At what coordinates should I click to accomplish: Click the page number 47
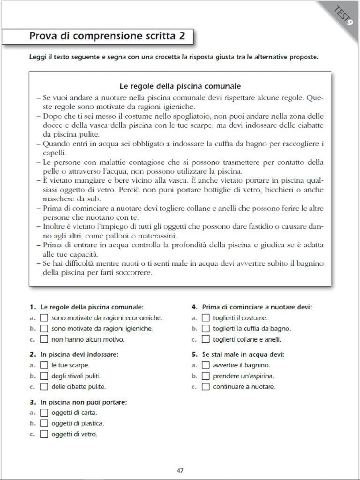(x=180, y=470)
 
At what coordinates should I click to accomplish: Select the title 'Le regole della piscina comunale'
(x=180, y=86)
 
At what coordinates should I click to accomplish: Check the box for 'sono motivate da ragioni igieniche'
(x=45, y=329)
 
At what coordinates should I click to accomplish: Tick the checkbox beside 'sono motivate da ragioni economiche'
(x=45, y=318)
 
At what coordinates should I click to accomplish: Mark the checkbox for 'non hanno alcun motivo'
(x=45, y=339)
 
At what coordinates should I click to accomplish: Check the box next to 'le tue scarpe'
(x=45, y=365)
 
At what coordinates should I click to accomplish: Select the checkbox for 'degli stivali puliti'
(x=45, y=376)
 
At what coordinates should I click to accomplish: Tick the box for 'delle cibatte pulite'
(x=45, y=387)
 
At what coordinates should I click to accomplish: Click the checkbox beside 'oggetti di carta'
(x=45, y=412)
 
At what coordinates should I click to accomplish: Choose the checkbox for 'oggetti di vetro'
(x=45, y=434)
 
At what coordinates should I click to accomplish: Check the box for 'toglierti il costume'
(x=205, y=318)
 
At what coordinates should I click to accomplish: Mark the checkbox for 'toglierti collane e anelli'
(x=205, y=339)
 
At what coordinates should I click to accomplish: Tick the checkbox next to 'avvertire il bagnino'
(x=205, y=365)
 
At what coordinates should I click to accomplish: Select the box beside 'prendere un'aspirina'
(x=205, y=376)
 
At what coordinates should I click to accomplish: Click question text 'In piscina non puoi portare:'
(x=83, y=402)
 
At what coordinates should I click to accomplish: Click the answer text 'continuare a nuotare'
(x=244, y=387)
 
